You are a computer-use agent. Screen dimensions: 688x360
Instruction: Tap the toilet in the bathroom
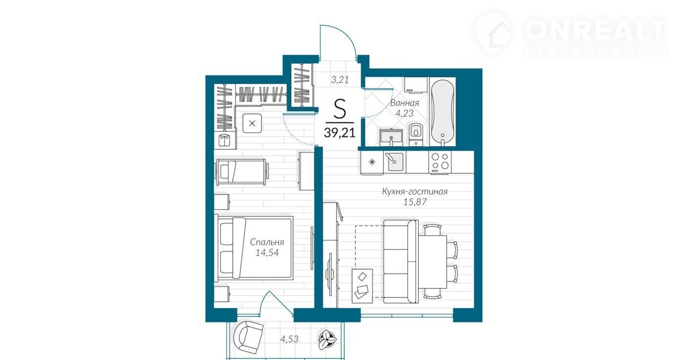click(416, 134)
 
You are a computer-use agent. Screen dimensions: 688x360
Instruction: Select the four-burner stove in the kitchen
click(440, 162)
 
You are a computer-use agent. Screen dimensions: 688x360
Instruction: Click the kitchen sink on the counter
click(395, 162)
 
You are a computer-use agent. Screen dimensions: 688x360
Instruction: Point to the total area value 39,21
click(339, 133)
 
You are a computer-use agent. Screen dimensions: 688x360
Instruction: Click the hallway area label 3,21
click(340, 80)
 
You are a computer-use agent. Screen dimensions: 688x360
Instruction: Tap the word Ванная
click(405, 103)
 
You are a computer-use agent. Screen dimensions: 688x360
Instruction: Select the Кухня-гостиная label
click(414, 192)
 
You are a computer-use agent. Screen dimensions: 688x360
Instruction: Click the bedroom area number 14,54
click(267, 253)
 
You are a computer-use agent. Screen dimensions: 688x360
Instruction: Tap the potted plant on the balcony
click(328, 340)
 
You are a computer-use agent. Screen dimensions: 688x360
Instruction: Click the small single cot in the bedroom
click(242, 172)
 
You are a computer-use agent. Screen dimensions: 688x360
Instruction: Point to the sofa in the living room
click(400, 261)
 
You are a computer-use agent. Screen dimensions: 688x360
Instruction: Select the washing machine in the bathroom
click(415, 84)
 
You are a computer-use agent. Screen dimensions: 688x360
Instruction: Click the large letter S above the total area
click(340, 109)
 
